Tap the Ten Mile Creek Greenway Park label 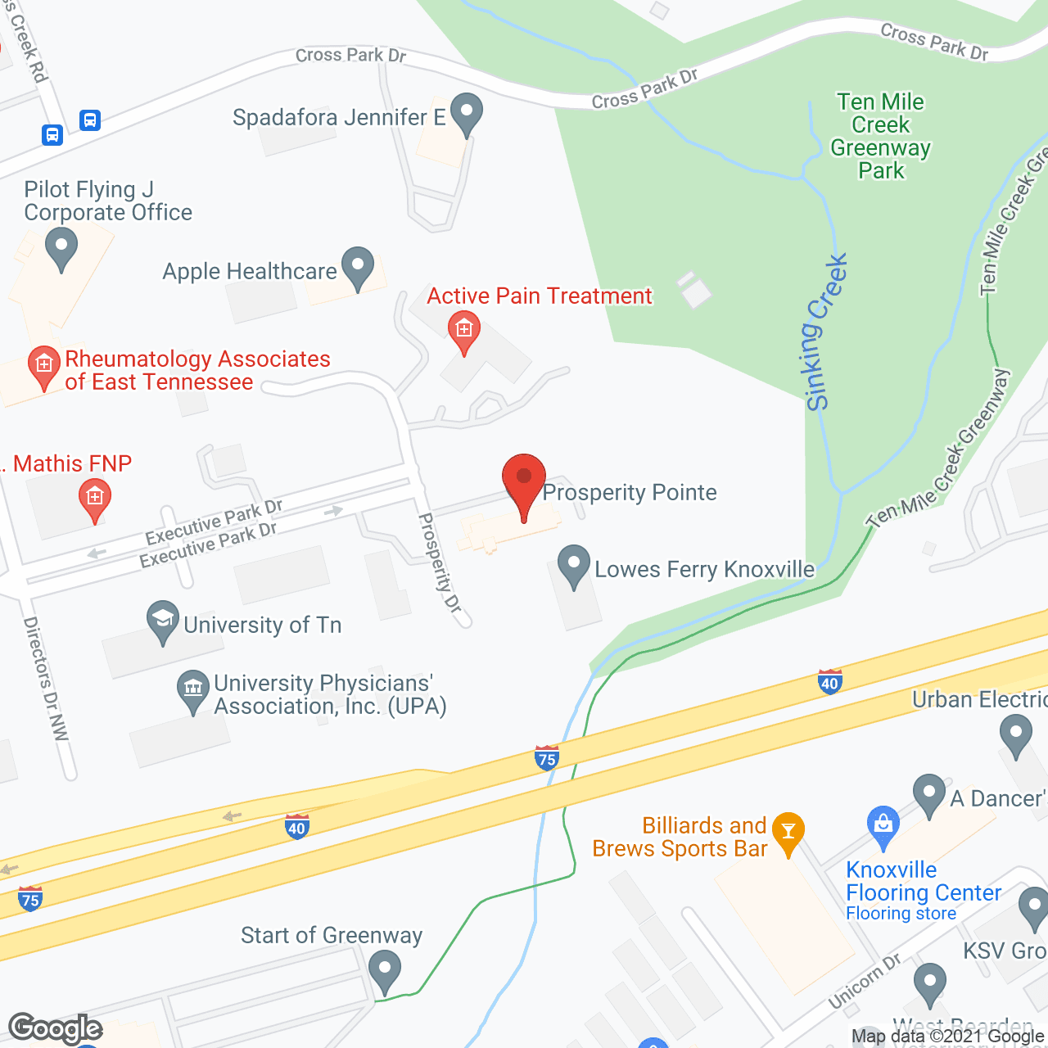880,136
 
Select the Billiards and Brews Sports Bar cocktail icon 788,832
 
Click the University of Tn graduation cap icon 163,621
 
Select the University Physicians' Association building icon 193,690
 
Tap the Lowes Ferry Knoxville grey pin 573,565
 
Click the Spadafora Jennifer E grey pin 467,113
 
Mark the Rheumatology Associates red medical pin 43,366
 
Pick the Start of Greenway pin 384,969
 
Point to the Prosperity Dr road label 440,562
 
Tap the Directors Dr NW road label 46,679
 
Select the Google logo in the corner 55,1028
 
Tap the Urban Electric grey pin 1016,734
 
